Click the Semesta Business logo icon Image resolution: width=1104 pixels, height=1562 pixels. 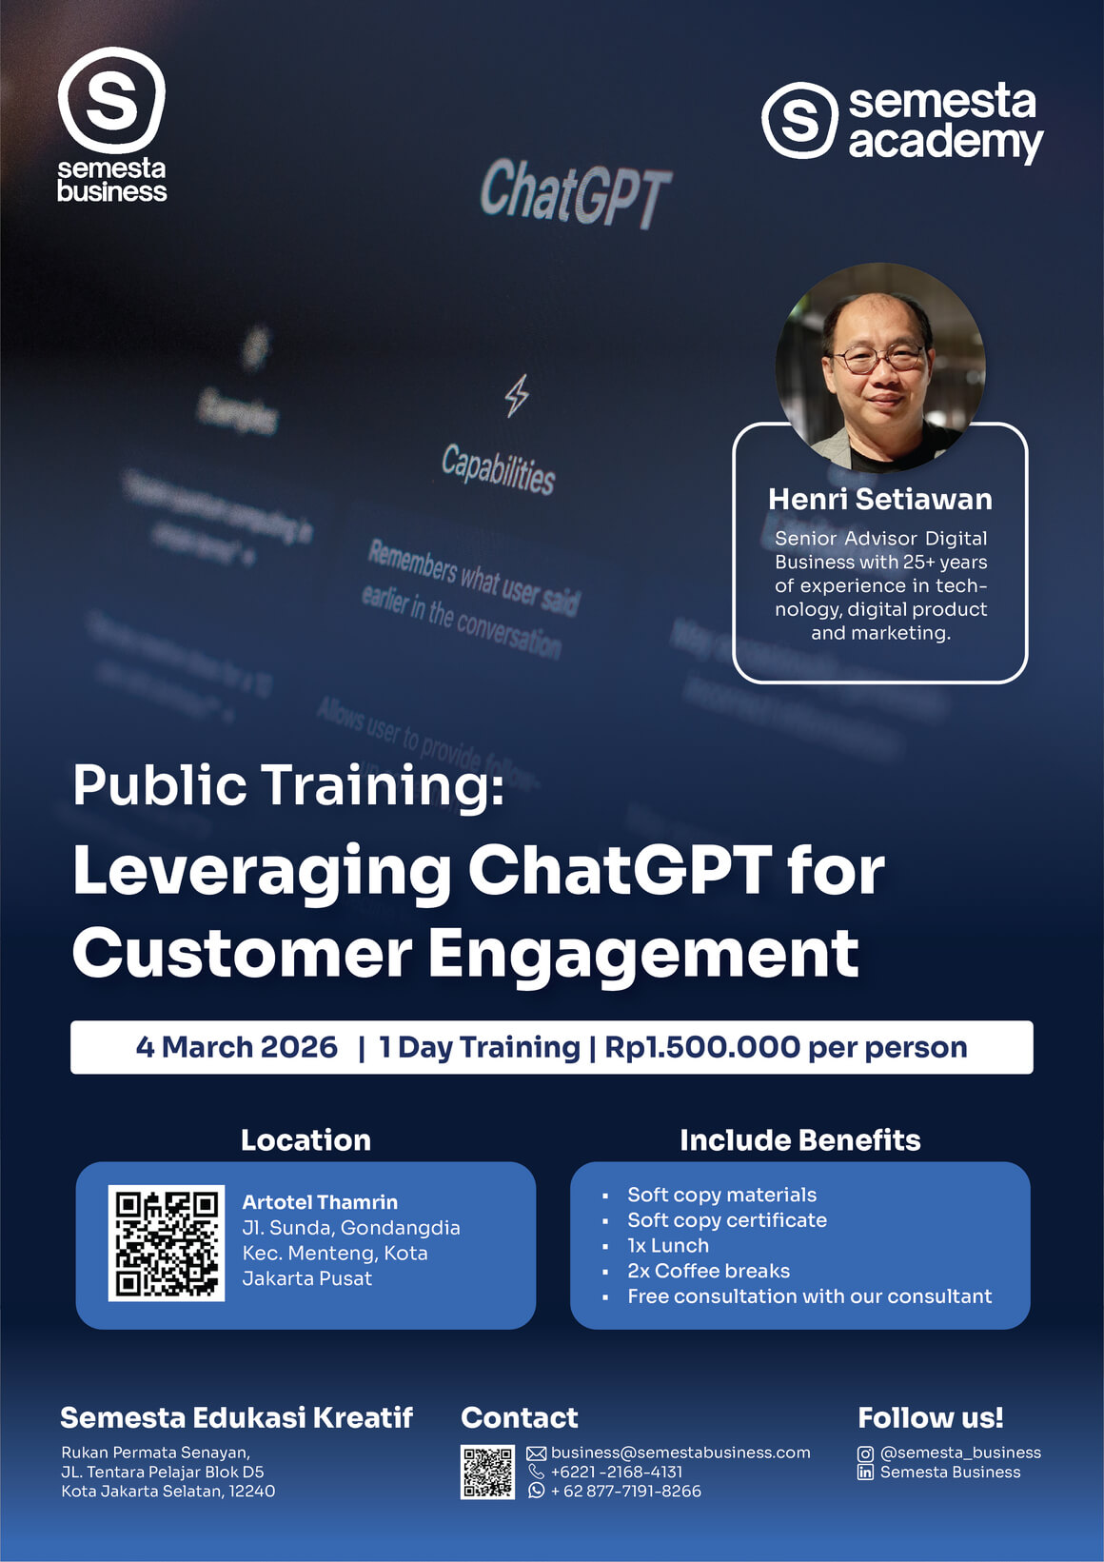click(x=111, y=100)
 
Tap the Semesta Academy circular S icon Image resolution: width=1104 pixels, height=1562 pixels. click(x=799, y=120)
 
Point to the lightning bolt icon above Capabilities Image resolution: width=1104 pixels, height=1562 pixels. click(x=517, y=395)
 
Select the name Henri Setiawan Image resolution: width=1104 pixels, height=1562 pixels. click(x=879, y=499)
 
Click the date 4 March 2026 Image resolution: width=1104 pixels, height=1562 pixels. click(x=236, y=1047)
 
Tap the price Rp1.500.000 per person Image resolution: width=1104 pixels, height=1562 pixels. click(x=785, y=1047)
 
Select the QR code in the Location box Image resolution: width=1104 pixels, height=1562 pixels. click(x=167, y=1243)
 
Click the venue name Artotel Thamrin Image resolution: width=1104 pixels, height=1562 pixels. click(x=320, y=1202)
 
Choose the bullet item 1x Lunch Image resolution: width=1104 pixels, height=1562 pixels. click(x=667, y=1245)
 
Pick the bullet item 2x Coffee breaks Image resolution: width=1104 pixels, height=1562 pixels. click(x=708, y=1271)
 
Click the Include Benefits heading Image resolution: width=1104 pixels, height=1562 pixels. click(x=799, y=1139)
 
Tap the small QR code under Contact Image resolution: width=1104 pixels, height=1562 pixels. click(x=487, y=1472)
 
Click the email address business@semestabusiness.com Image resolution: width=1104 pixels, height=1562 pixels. click(x=680, y=1453)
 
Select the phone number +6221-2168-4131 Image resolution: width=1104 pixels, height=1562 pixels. click(x=616, y=1472)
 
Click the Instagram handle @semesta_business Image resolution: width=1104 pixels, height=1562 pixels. click(x=960, y=1453)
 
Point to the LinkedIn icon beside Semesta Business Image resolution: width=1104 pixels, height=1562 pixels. click(x=865, y=1473)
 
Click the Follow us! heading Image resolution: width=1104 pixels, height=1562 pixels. click(x=930, y=1417)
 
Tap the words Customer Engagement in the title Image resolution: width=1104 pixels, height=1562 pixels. click(x=465, y=954)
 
